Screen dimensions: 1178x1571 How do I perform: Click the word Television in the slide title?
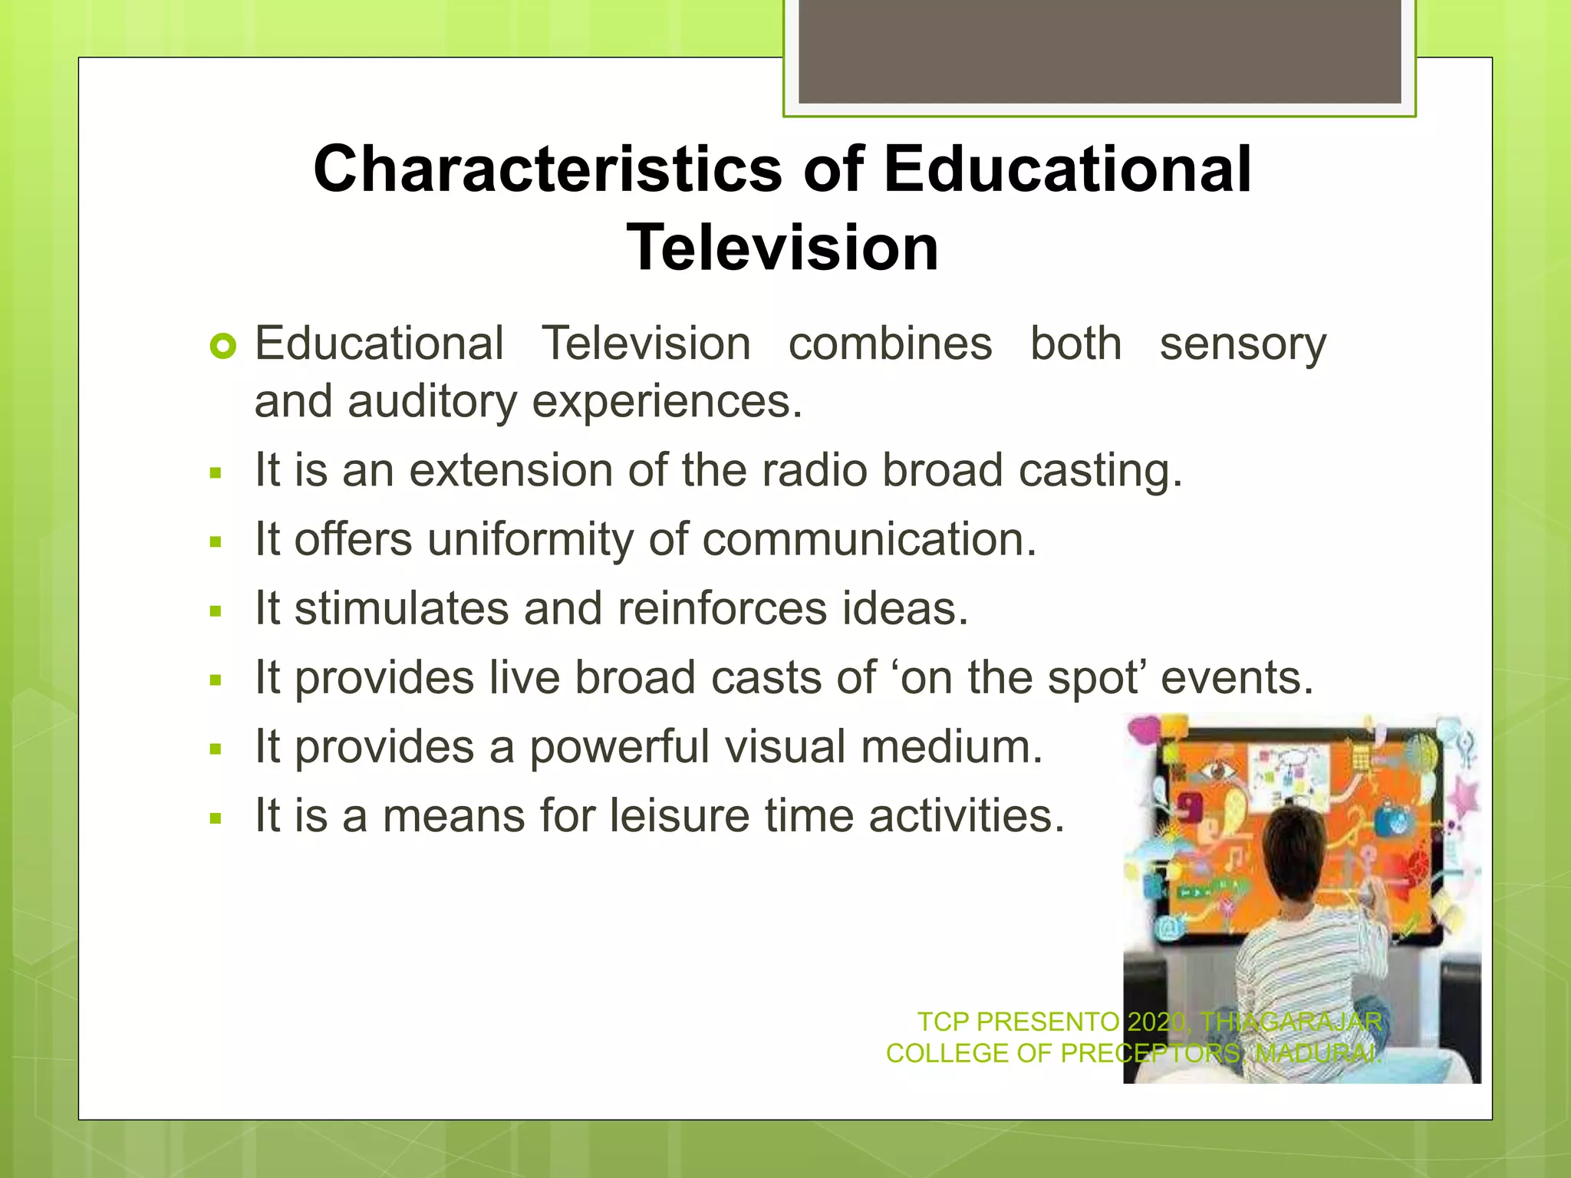(x=782, y=248)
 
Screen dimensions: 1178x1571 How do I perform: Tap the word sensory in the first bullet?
(x=1242, y=344)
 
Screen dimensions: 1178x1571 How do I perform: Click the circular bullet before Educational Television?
(x=223, y=347)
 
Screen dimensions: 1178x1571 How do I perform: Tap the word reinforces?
(x=722, y=609)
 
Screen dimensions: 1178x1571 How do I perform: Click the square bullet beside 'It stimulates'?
(x=216, y=612)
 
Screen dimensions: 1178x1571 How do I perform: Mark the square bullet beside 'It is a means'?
(x=216, y=818)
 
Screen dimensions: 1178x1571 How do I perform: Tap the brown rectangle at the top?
(x=1099, y=51)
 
